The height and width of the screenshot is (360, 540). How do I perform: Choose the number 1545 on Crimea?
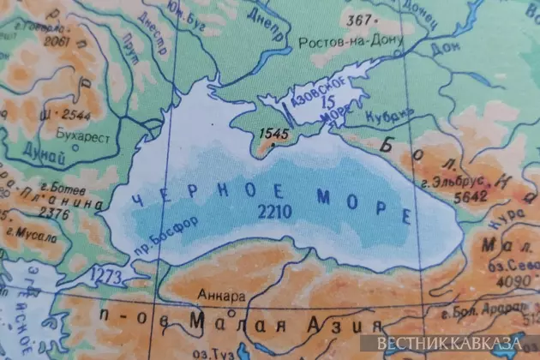coord(272,134)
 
